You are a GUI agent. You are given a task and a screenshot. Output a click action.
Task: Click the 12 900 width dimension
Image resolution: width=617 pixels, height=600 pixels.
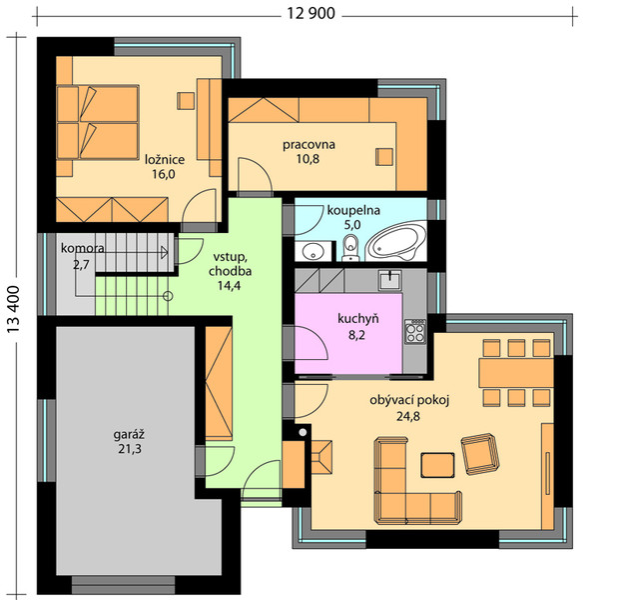(310, 13)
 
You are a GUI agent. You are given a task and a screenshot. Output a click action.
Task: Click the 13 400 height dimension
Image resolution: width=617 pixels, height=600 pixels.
(13, 310)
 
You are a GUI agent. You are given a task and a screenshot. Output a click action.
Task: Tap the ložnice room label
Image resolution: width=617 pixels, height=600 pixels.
(165, 160)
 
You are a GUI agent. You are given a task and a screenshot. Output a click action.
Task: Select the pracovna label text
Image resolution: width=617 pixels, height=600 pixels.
(308, 145)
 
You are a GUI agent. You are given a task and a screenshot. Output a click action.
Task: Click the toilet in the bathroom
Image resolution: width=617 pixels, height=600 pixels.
(350, 248)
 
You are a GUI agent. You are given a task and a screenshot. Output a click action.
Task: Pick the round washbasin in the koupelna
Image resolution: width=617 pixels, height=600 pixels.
(313, 251)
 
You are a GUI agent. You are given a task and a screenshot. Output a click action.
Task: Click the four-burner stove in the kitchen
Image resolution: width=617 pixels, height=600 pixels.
(415, 330)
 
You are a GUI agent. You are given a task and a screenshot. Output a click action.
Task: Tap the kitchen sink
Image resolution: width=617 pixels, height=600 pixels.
(390, 280)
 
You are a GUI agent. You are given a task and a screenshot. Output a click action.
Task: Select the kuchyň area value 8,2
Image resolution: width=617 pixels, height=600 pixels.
(356, 335)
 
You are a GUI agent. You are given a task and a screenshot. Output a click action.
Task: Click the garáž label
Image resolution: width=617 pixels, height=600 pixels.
(129, 434)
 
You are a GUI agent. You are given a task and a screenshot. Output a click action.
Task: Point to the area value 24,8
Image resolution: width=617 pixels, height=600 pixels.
(408, 416)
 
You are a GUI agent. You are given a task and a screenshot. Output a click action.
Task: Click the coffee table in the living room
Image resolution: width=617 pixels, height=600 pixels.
(437, 465)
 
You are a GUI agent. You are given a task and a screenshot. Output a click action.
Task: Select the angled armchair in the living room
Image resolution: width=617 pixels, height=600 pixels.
(480, 454)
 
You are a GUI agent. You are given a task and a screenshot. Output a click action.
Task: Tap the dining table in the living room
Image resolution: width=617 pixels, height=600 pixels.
(516, 373)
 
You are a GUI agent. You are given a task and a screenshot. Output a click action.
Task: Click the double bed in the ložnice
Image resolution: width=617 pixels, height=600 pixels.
(98, 122)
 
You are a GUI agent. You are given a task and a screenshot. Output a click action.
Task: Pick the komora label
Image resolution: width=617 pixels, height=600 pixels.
(83, 248)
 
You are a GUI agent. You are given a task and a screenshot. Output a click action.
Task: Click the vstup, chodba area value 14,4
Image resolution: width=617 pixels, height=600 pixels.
(230, 285)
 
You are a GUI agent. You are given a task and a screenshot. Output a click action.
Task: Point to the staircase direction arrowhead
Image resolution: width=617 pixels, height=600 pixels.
(165, 252)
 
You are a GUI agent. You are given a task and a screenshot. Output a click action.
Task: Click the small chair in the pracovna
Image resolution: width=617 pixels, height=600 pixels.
(383, 157)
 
